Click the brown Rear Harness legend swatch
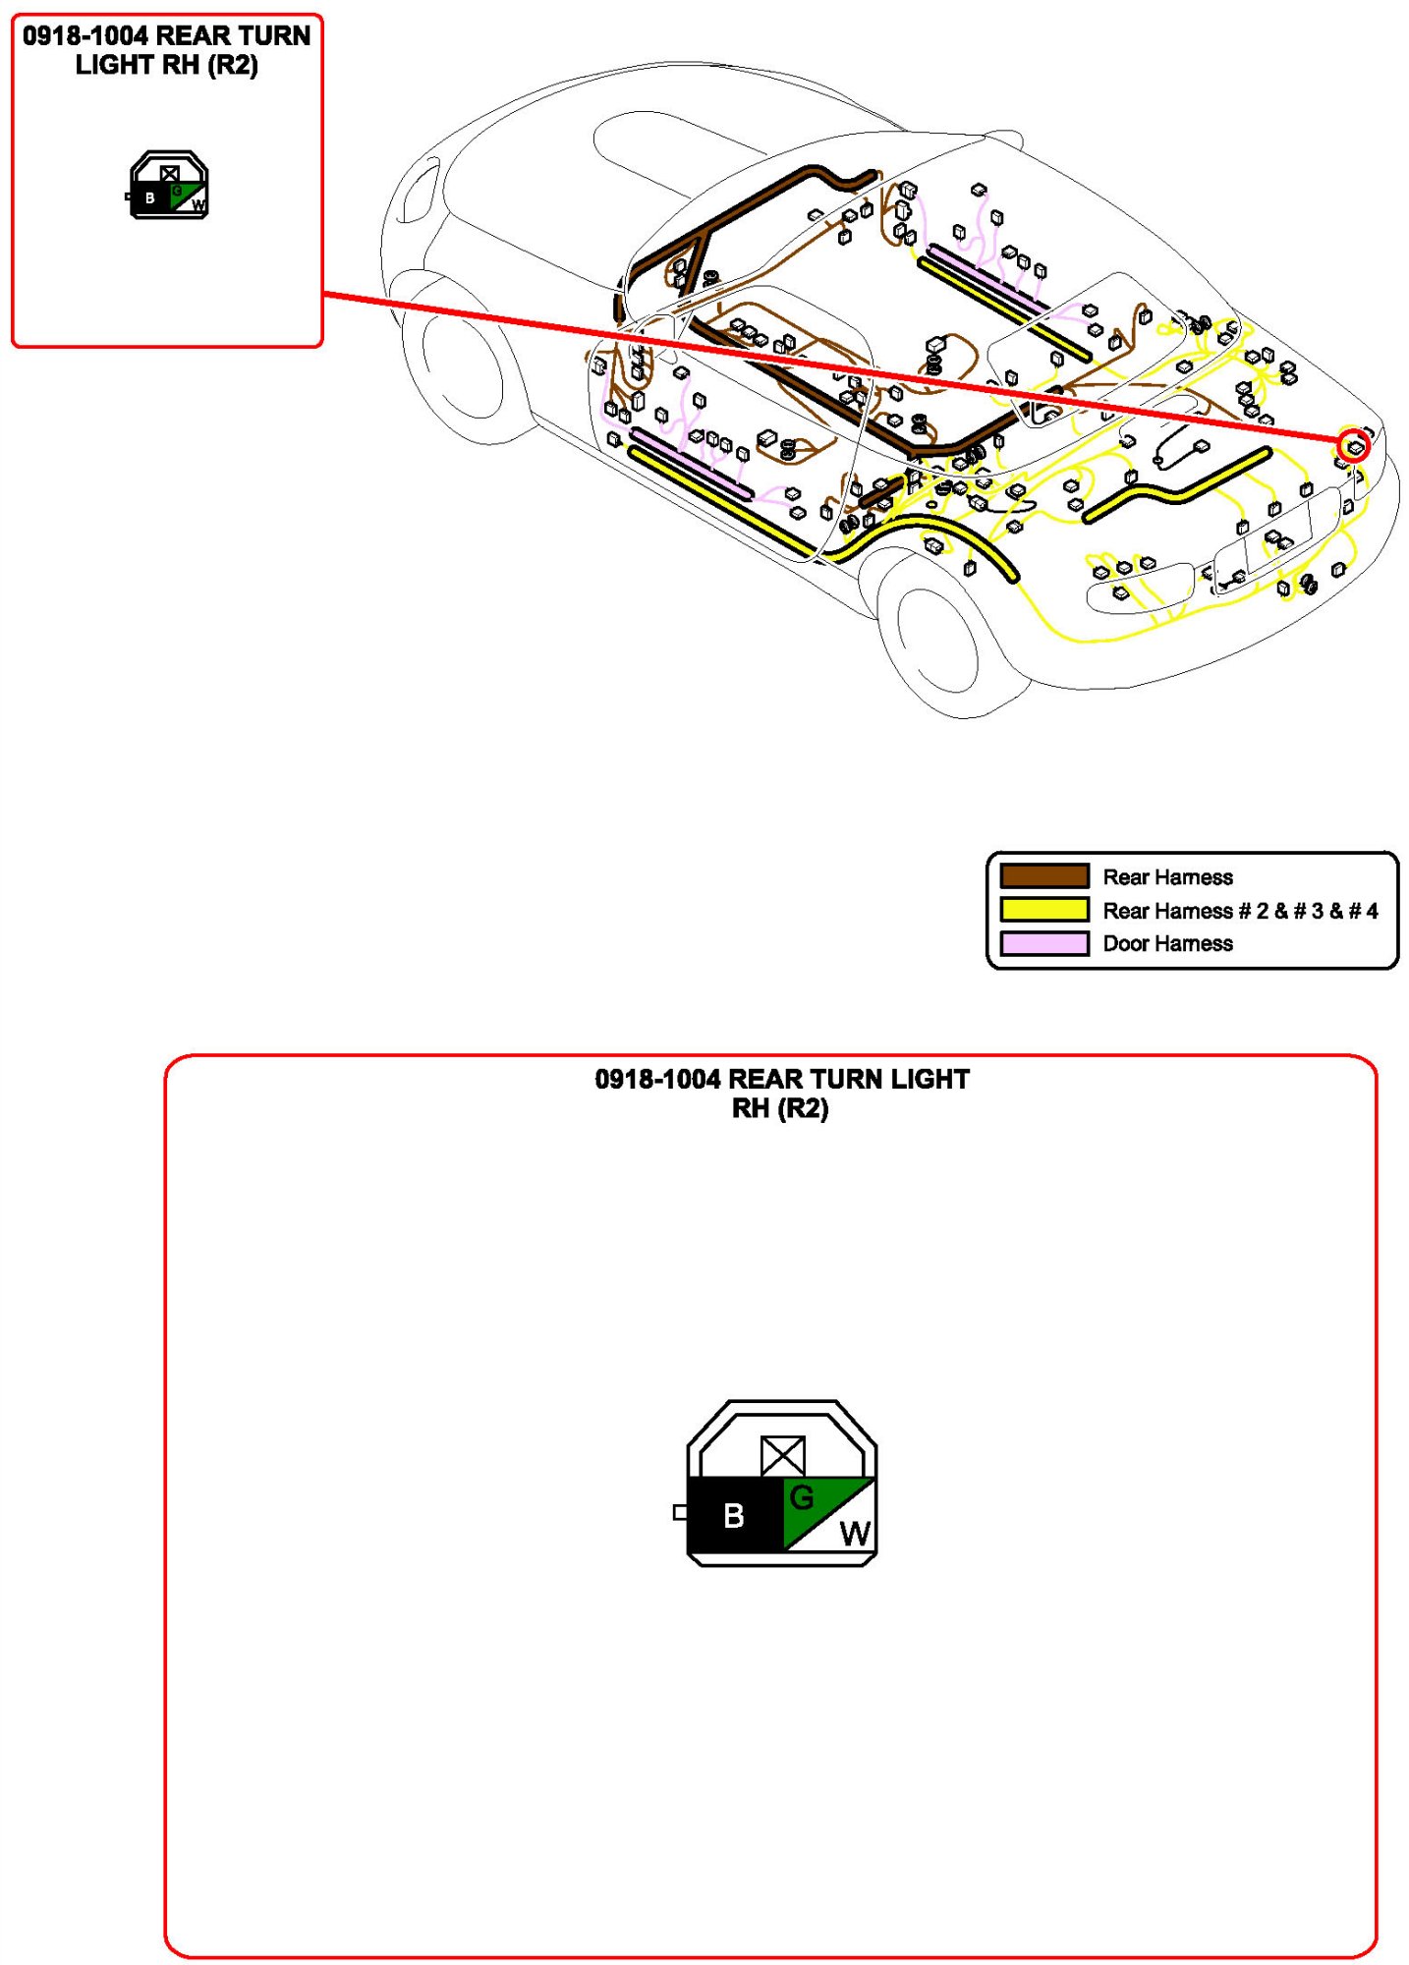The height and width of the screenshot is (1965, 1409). pos(1043,875)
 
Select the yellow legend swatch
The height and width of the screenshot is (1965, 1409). pos(1043,910)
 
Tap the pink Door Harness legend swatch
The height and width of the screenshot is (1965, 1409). pos(1043,943)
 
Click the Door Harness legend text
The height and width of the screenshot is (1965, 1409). pos(1167,943)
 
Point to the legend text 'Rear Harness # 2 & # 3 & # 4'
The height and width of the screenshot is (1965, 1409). pos(1240,911)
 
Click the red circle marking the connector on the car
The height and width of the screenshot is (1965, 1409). pos(1354,447)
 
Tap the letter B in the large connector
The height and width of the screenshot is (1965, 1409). pos(733,1516)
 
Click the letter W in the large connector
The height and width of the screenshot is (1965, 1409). pos(855,1534)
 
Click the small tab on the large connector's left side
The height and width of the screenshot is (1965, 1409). pos(680,1512)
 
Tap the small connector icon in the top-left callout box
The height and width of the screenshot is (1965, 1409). pos(169,185)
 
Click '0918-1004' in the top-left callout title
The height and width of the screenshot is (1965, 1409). pos(85,36)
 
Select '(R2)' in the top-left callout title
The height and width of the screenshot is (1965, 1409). pos(233,66)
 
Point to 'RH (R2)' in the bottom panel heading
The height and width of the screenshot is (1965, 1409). pos(780,1108)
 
